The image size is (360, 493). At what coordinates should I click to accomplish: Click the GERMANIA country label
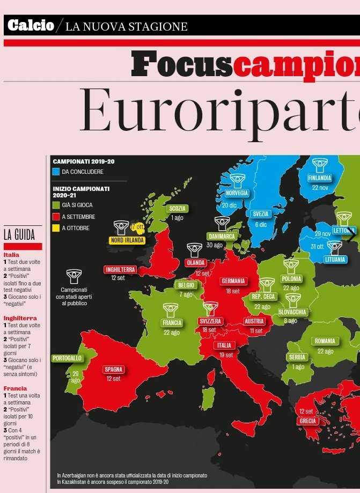(233, 281)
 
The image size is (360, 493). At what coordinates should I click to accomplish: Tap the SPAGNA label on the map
(114, 370)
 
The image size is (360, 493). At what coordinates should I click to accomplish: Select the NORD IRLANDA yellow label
(127, 240)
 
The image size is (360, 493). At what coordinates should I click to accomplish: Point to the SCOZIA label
(177, 209)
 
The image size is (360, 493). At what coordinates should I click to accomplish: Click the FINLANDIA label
(320, 178)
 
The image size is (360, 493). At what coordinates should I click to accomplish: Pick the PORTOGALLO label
(68, 358)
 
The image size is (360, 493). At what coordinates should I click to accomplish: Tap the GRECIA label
(308, 421)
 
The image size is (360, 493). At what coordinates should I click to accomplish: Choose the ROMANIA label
(325, 341)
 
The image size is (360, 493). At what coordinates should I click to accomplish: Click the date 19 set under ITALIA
(226, 355)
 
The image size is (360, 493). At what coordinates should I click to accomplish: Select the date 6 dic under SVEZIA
(261, 225)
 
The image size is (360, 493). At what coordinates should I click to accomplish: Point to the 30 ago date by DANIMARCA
(215, 245)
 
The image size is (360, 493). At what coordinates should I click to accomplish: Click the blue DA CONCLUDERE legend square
(56, 172)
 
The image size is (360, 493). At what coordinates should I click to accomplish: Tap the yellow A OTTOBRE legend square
(56, 228)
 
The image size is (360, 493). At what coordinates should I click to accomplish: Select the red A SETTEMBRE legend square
(56, 217)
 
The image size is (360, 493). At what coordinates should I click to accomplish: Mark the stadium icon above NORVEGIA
(237, 180)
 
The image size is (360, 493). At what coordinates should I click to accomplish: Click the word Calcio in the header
(31, 25)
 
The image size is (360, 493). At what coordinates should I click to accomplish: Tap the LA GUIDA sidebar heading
(19, 235)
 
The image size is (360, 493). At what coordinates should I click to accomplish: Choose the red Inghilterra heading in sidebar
(20, 318)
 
